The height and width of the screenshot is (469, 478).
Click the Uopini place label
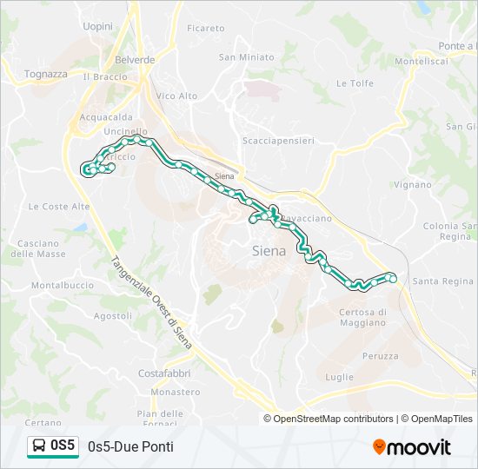(x=98, y=27)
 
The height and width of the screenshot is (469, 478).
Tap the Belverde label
(x=135, y=60)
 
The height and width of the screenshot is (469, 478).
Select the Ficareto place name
(x=205, y=29)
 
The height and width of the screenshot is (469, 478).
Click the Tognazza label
(x=46, y=74)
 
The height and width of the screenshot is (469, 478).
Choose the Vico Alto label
(x=176, y=96)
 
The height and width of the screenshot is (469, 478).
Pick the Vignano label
(x=412, y=185)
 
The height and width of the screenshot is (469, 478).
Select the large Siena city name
(x=268, y=251)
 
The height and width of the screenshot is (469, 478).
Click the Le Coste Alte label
(x=59, y=207)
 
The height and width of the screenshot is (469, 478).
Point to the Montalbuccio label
(x=63, y=285)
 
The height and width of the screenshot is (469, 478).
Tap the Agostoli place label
(x=112, y=316)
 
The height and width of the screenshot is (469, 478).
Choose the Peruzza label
(x=381, y=356)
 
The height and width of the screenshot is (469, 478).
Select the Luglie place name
(x=339, y=377)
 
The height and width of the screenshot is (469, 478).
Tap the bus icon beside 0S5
(x=39, y=446)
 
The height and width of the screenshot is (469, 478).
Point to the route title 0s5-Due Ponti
(x=130, y=446)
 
